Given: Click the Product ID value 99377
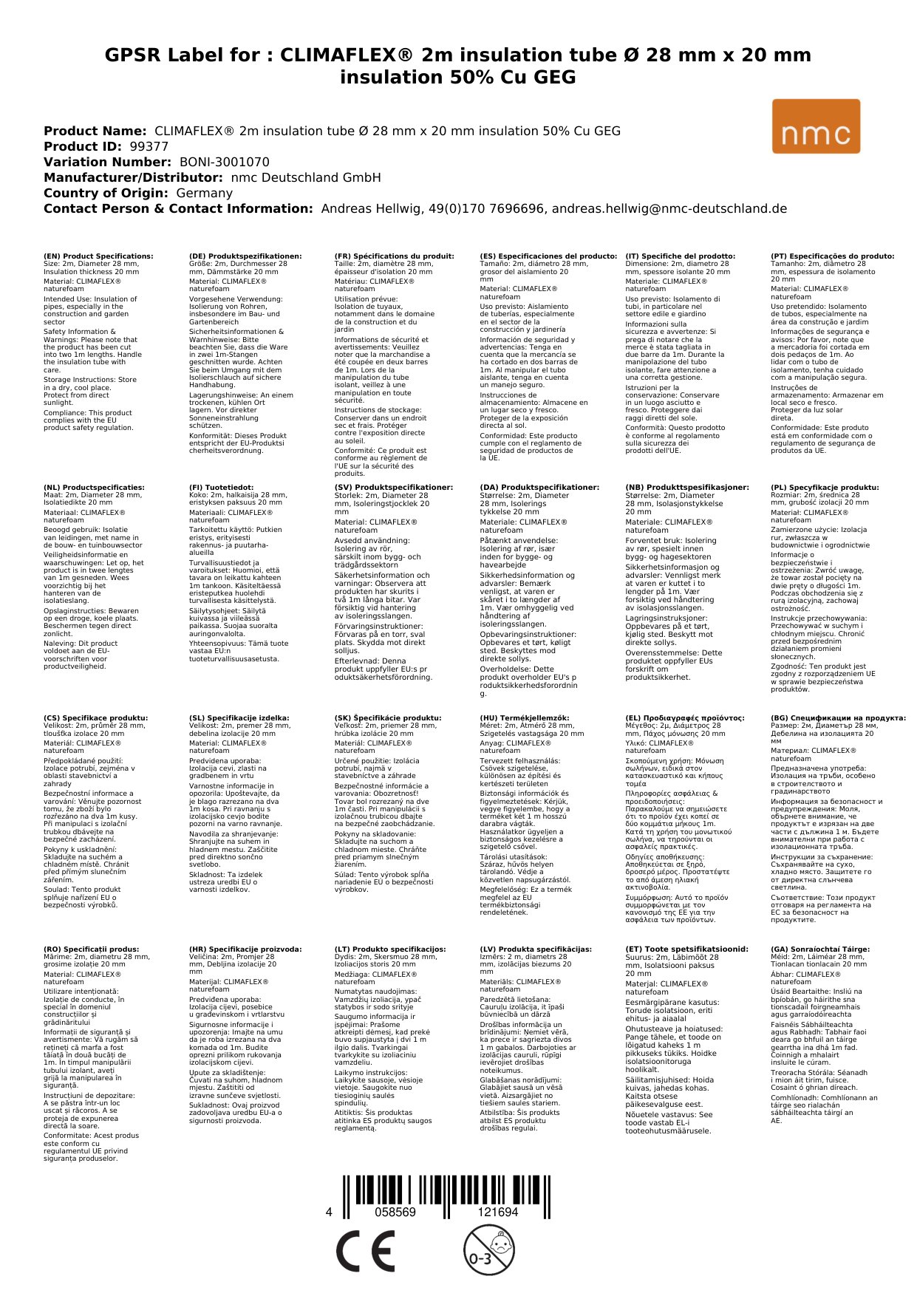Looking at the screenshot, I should [149, 146].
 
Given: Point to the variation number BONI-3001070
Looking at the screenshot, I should [224, 162].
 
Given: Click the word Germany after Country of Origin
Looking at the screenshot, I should [204, 193].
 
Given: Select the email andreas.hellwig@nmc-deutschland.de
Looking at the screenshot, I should [669, 208].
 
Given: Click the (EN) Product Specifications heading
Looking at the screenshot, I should [98, 256].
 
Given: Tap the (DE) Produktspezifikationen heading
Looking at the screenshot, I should [245, 256].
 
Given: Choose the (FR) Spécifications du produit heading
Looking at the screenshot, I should [394, 256].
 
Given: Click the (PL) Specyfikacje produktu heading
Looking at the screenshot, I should [825, 488].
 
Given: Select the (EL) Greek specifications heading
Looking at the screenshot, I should [685, 717].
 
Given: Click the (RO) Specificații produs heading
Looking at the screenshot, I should [91, 949].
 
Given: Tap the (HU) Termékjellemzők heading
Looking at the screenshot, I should [525, 717].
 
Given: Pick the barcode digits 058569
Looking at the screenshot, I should [395, 1213].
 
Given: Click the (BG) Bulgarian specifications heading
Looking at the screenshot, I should [838, 717].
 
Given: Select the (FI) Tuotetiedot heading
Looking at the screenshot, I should [221, 488].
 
